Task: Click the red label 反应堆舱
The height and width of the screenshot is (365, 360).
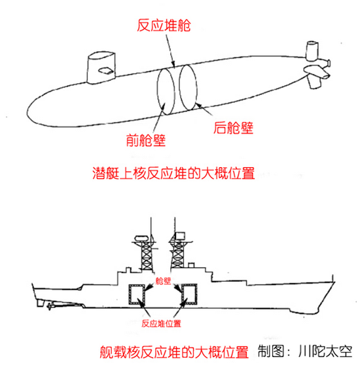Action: pyautogui.click(x=164, y=25)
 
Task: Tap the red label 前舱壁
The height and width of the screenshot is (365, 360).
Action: pyautogui.click(x=146, y=140)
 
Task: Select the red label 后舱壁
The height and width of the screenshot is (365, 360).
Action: pyautogui.click(x=233, y=128)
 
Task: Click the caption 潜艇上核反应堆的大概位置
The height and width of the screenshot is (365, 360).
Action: pyautogui.click(x=173, y=173)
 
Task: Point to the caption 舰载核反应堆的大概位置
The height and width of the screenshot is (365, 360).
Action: pyautogui.click(x=174, y=352)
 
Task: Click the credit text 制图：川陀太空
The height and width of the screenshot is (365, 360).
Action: pyautogui.click(x=305, y=351)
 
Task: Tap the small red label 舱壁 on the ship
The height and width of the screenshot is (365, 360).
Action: pyautogui.click(x=163, y=280)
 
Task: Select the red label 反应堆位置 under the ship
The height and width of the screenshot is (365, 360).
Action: pyautogui.click(x=161, y=323)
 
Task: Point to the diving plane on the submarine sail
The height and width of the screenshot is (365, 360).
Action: pyautogui.click(x=106, y=71)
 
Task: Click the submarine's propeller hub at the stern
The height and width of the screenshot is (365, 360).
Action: pyautogui.click(x=329, y=63)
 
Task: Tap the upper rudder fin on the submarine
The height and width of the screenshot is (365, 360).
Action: pyautogui.click(x=312, y=51)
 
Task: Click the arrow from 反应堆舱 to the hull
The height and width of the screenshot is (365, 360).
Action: pyautogui.click(x=170, y=50)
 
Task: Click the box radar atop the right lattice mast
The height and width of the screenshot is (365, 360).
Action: pyautogui.click(x=180, y=235)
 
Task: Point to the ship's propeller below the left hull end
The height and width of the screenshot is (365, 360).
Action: pyautogui.click(x=49, y=306)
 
